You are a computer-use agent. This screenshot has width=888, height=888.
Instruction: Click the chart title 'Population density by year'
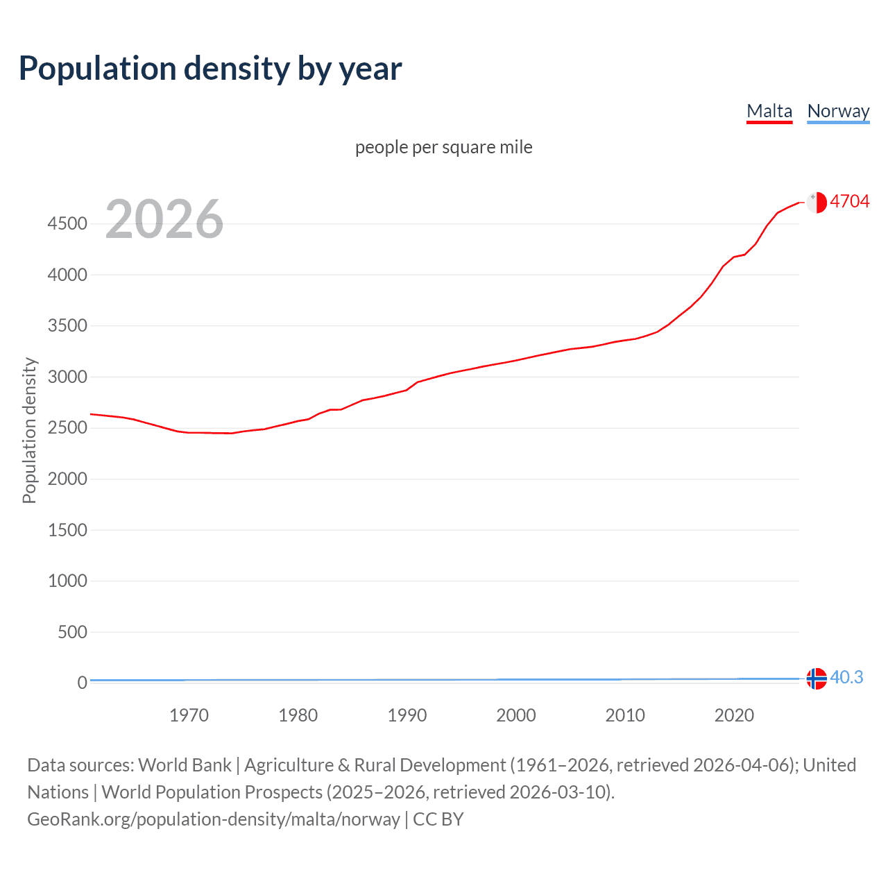click(210, 69)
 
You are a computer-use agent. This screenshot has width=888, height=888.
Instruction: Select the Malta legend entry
click(769, 111)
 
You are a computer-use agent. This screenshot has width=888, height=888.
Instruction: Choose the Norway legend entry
click(838, 111)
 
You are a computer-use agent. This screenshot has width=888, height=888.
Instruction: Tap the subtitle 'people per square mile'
click(443, 147)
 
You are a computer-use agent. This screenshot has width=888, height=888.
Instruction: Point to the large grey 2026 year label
click(164, 219)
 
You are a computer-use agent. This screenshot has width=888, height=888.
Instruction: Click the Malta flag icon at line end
click(817, 202)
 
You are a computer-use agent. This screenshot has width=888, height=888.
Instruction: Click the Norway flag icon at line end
click(817, 678)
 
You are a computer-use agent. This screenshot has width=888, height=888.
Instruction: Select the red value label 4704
click(849, 201)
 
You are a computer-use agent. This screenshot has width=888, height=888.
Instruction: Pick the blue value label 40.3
click(846, 677)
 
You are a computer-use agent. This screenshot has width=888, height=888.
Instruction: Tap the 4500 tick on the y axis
click(67, 223)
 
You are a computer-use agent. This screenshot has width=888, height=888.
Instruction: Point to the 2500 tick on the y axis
click(67, 427)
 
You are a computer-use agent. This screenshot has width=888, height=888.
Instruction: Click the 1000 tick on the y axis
click(67, 581)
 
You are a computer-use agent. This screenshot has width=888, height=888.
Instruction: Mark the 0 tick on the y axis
click(82, 683)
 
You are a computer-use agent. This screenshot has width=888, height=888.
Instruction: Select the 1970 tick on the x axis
click(189, 715)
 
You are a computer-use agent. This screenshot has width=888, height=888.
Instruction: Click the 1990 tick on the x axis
click(407, 715)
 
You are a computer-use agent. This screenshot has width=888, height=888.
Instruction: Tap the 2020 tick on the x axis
click(734, 715)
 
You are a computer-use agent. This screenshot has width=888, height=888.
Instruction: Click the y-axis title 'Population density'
click(29, 430)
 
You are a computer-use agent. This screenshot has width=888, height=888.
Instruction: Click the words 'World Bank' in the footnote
click(185, 765)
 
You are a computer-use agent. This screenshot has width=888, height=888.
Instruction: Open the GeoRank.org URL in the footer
click(214, 819)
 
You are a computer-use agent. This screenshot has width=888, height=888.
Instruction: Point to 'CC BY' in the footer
click(438, 819)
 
